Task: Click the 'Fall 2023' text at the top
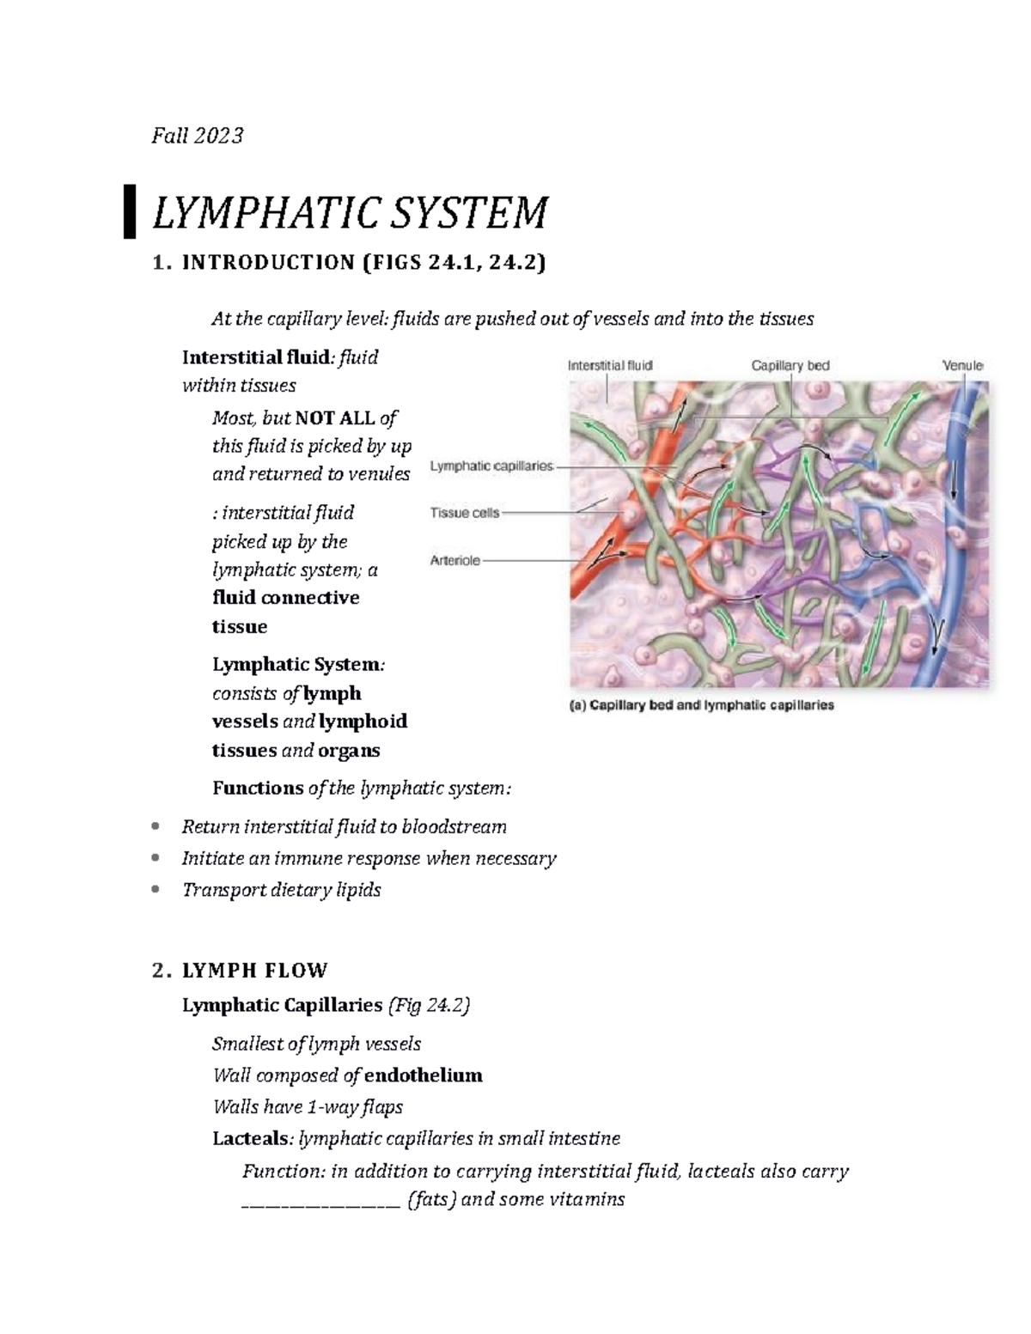pos(198,136)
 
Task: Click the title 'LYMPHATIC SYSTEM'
pos(349,213)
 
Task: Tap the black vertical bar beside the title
pos(130,210)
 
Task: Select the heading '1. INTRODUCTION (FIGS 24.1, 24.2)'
pos(348,263)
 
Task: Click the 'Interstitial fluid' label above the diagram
pos(610,365)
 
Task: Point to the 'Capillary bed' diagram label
pos(790,366)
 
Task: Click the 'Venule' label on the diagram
pos(962,366)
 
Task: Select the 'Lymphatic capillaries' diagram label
pos(491,466)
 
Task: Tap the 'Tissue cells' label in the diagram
pos(464,514)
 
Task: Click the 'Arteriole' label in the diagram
pos(455,560)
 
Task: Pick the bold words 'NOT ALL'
pos(335,418)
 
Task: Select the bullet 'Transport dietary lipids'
pos(281,890)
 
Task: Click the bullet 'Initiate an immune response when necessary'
pos(369,858)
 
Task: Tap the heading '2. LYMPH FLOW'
pos(240,972)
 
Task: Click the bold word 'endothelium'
pos(423,1075)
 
